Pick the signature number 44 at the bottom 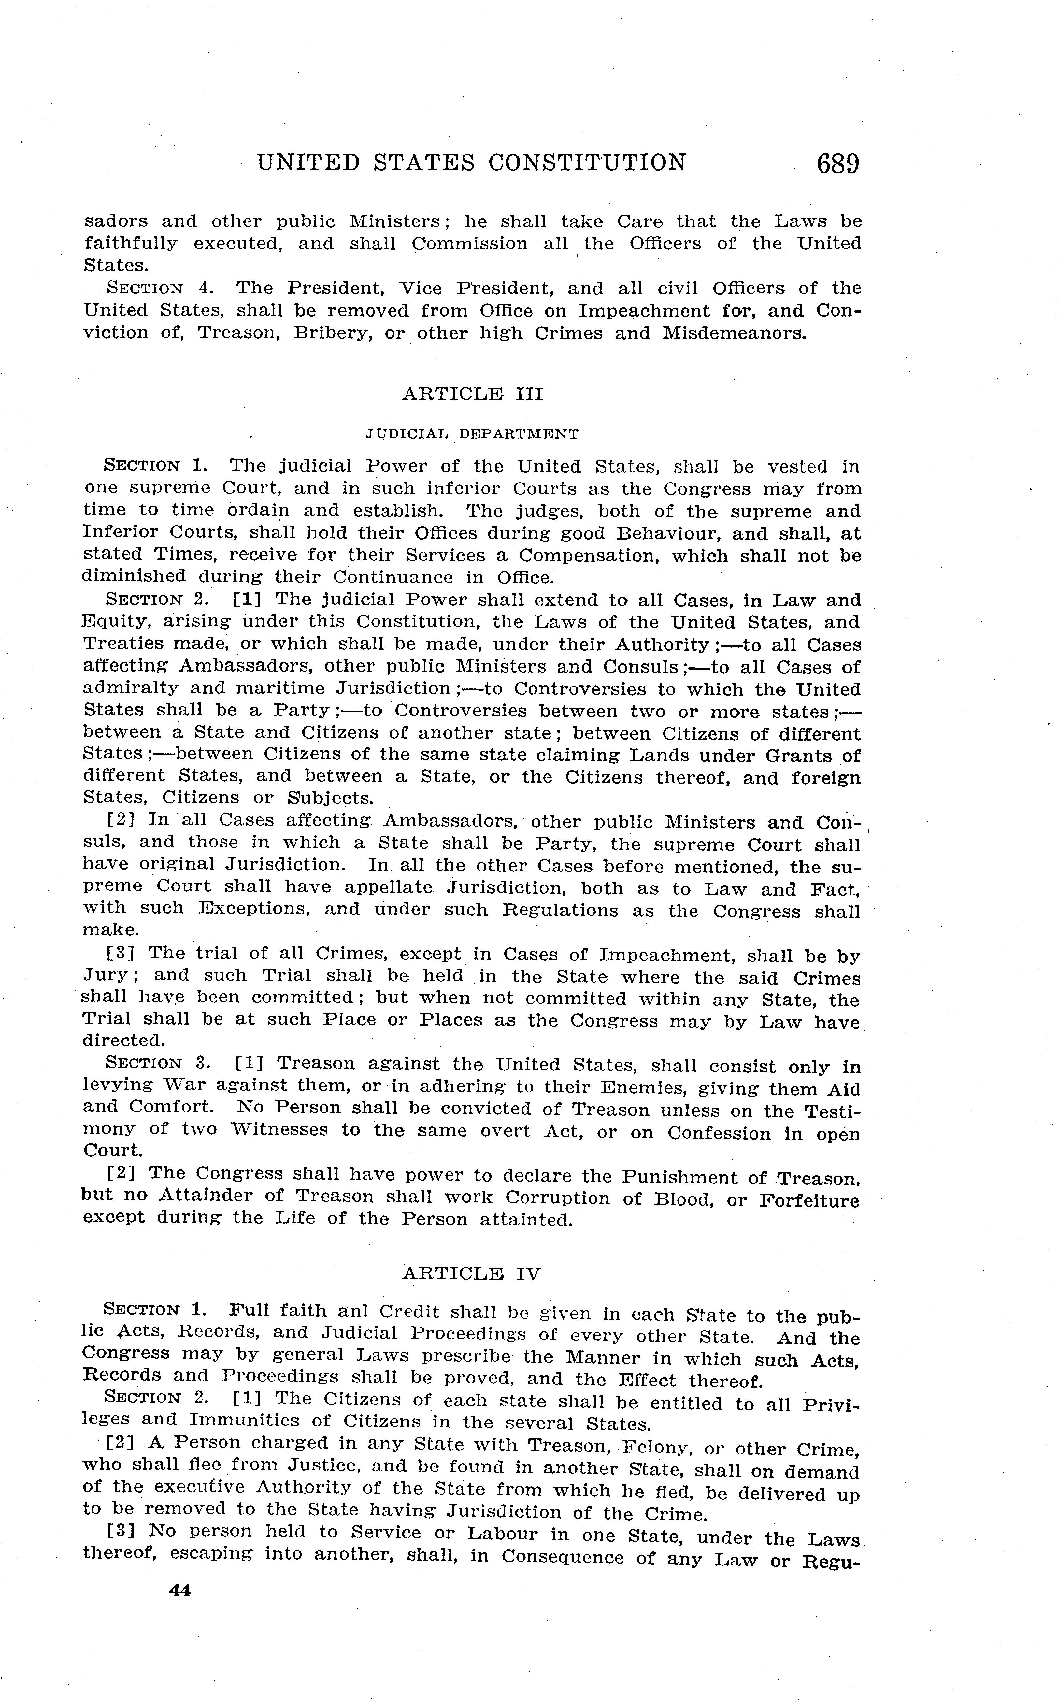click(x=180, y=1590)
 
